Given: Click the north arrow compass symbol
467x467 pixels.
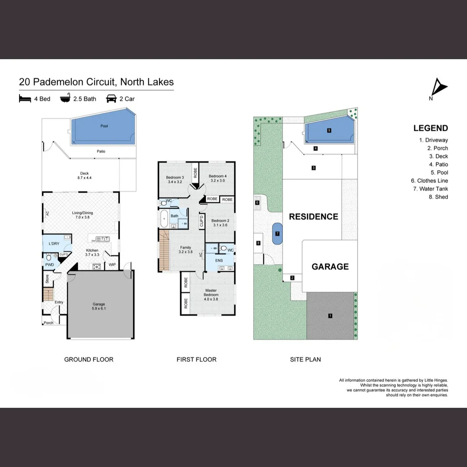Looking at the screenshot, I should (439, 88).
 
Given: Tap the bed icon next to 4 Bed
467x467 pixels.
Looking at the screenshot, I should (25, 99).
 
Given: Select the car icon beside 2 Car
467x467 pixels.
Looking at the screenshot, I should (112, 99).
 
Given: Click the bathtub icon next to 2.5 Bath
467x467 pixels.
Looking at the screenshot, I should (65, 99).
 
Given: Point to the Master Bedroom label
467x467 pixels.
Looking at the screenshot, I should (211, 293).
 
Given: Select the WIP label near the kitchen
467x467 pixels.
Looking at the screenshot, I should (112, 265).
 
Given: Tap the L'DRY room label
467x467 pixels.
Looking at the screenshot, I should (54, 244).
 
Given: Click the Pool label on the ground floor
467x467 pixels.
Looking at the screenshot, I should (104, 126).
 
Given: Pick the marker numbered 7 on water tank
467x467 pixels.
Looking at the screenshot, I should (277, 234).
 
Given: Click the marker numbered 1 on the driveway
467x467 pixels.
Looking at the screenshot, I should (330, 316).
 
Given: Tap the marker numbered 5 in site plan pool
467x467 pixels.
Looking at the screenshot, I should (329, 130).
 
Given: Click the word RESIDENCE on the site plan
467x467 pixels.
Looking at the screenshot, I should (313, 217).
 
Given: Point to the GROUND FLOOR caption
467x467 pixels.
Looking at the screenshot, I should (89, 359).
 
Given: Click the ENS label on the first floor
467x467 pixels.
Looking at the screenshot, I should (219, 261).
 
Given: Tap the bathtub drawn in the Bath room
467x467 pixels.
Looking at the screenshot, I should (164, 219).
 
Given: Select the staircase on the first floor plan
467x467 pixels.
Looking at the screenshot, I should (164, 250).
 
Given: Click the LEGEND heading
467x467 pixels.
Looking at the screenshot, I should (430, 128).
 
